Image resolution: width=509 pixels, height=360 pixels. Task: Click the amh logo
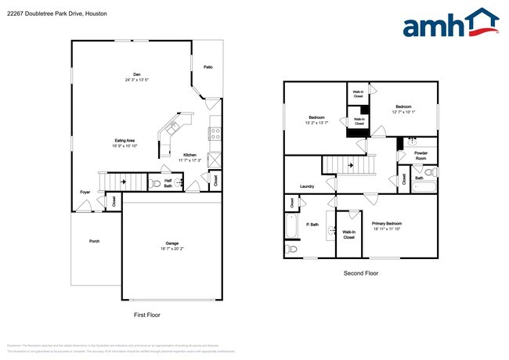[x=450, y=23]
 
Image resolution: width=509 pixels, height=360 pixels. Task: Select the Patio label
[x=208, y=67]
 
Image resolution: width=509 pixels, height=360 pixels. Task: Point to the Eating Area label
[x=125, y=140]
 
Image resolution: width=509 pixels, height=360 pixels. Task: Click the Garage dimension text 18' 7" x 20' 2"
[x=171, y=249]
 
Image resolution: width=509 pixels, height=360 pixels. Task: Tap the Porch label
[x=94, y=241]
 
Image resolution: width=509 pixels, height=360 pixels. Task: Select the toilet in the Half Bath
[x=156, y=184]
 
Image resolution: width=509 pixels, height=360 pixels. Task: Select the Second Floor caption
[x=361, y=273]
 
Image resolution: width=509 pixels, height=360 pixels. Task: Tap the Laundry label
[x=307, y=186]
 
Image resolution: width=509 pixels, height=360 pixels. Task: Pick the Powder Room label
[x=421, y=155]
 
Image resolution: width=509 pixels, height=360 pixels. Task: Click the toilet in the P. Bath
[x=292, y=249]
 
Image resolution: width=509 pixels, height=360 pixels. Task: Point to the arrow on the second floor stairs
[x=351, y=165]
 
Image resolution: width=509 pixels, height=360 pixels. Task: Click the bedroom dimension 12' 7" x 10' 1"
[x=403, y=111]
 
